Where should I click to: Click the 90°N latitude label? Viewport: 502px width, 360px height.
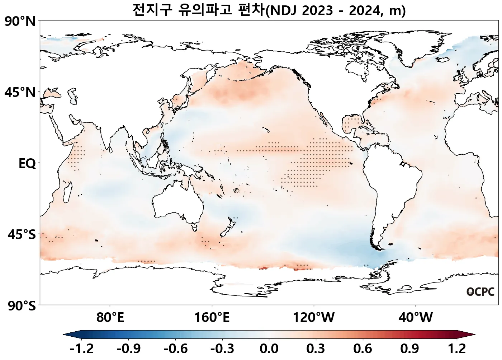20,22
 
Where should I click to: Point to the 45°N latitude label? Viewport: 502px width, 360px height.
20,92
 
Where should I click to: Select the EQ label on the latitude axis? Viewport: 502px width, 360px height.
27,164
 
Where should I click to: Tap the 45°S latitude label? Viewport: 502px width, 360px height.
22,235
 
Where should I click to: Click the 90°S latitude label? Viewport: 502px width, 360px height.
22,306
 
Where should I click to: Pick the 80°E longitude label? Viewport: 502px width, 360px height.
110,317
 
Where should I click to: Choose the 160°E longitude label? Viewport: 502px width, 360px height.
212,317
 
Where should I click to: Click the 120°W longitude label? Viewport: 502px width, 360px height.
314,317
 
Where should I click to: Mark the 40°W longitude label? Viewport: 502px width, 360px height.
416,317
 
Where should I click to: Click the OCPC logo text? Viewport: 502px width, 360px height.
480,292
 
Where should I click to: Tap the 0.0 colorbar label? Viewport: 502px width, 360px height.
269,349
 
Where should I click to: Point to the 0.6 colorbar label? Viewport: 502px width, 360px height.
363,349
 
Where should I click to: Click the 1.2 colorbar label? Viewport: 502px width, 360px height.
457,349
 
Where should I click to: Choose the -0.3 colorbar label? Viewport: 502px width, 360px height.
222,349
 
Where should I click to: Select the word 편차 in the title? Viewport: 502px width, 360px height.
251,10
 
